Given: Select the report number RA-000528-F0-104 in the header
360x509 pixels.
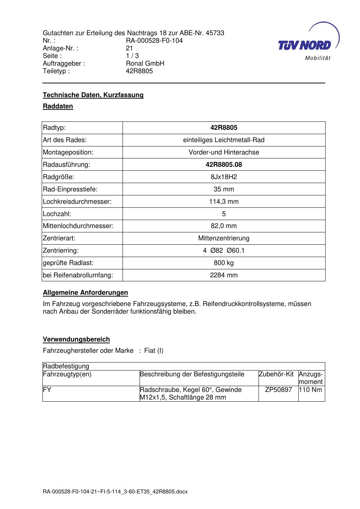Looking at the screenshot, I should coord(154,41).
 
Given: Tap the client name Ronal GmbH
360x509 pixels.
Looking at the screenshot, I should coord(145,63).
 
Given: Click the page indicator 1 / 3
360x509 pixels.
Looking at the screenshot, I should coord(132,56).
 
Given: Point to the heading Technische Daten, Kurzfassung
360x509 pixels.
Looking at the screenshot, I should coord(93,95).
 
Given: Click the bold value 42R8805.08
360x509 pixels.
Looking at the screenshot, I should coord(224,165).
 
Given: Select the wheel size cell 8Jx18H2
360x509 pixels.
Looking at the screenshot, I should coord(224,177).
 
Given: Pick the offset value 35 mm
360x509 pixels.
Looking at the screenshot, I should coord(224,189).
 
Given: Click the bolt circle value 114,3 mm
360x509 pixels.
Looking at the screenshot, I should coord(224,202).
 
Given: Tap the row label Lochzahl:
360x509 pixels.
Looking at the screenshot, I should coord(57,214).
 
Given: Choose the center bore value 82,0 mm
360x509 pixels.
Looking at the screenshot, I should coord(224,226).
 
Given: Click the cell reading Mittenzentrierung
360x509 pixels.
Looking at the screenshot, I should coord(224,238).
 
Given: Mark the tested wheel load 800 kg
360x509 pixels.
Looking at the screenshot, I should coord(224,263).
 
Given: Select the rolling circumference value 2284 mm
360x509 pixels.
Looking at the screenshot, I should coord(224,275).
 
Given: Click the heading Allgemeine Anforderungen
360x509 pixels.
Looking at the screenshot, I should coord(85,293).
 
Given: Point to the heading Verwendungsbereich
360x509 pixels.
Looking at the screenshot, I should coord(76,339).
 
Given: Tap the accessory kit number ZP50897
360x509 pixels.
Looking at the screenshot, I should coord(278,390).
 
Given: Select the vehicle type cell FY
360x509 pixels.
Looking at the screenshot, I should coord(47,390).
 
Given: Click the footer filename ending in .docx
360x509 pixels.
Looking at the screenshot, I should coord(115,492).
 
